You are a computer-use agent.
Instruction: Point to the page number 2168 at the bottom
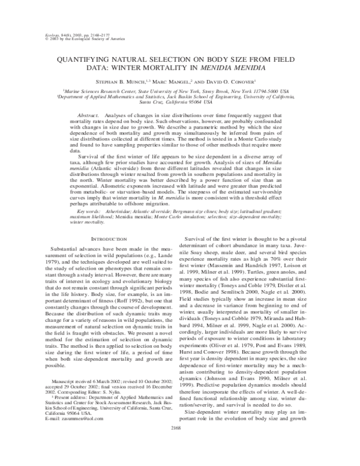tap(180, 444)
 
